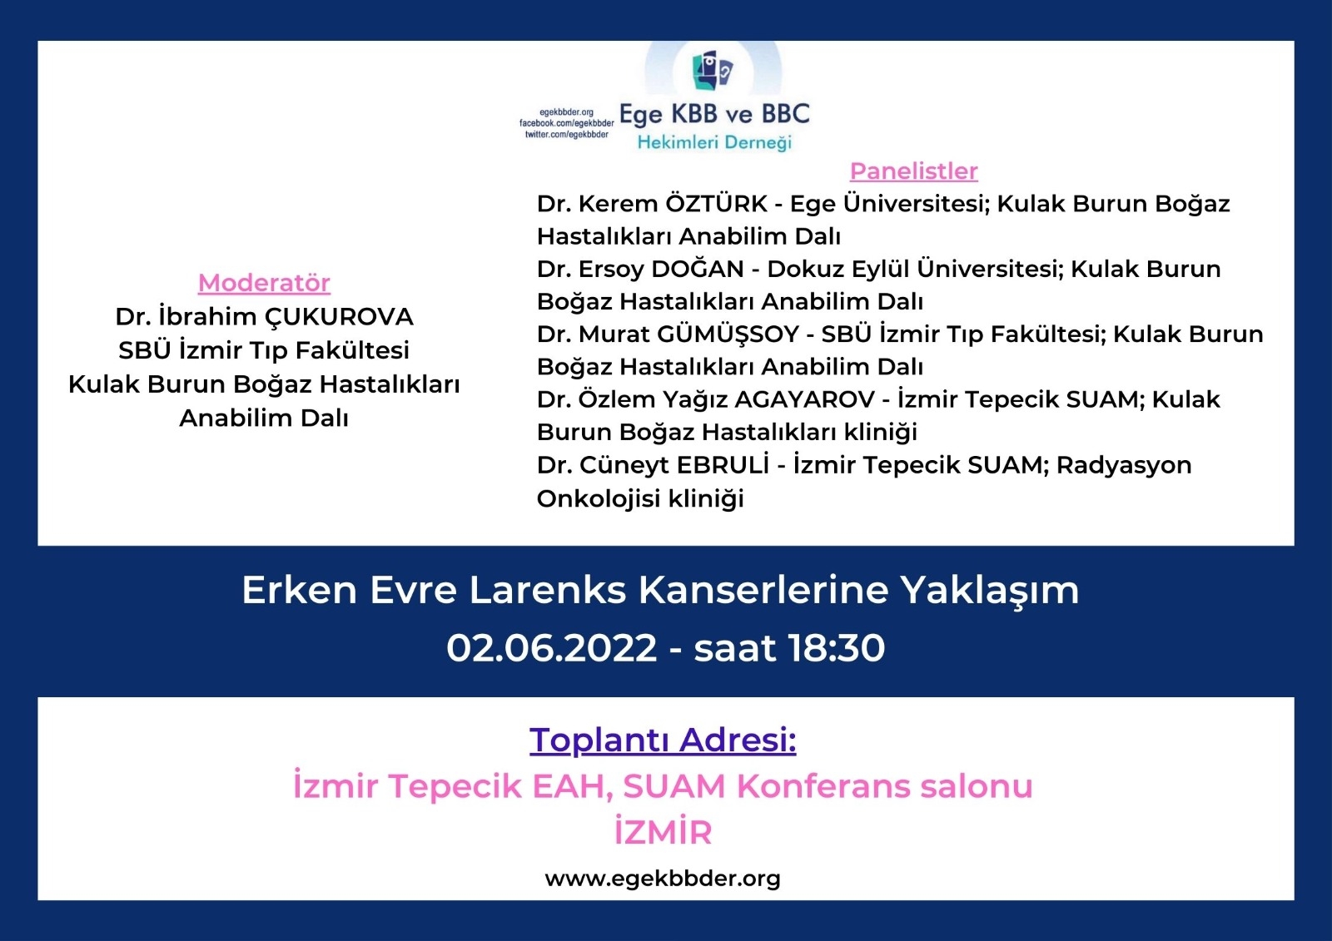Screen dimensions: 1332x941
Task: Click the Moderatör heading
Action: pos(264,283)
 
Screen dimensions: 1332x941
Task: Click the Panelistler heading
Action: pos(913,171)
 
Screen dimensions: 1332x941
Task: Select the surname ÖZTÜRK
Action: pos(716,203)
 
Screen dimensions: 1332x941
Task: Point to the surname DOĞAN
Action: pos(698,269)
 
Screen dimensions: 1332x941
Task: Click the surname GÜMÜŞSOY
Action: pos(728,334)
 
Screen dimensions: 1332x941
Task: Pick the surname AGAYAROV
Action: pos(804,399)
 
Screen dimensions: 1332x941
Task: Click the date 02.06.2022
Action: pos(551,647)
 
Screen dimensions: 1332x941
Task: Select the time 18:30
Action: pos(837,647)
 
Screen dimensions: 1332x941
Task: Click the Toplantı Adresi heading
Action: pos(663,740)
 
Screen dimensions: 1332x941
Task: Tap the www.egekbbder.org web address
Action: pos(663,878)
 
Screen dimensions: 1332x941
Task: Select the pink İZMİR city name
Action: pos(663,832)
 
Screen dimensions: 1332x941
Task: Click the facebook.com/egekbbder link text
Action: pos(566,123)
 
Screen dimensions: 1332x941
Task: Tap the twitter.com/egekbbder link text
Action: pos(566,134)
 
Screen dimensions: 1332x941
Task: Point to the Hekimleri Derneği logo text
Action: pos(714,142)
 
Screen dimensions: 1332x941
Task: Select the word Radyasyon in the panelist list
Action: pos(1124,465)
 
